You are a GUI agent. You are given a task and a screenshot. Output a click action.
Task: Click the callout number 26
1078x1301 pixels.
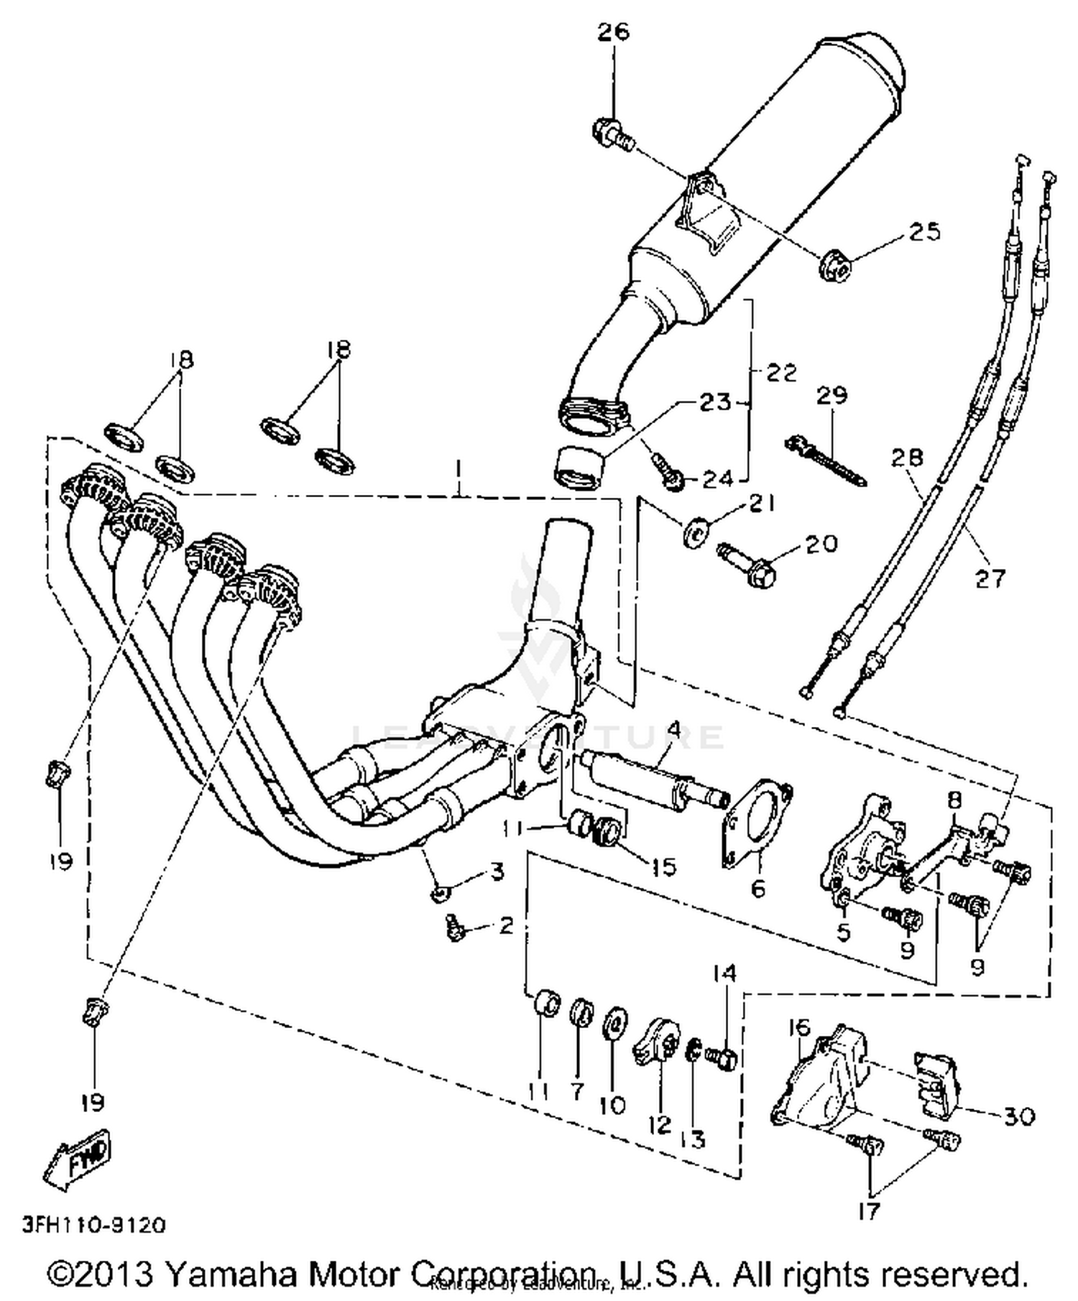(613, 32)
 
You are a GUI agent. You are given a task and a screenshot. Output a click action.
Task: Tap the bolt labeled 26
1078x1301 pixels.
(611, 134)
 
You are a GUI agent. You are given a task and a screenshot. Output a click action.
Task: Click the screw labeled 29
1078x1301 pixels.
(826, 458)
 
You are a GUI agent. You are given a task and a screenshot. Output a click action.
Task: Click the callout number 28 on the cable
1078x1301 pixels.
(907, 457)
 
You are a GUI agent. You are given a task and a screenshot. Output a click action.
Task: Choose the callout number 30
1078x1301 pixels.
(1018, 1116)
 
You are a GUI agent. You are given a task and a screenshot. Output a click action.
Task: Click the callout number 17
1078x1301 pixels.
(868, 1212)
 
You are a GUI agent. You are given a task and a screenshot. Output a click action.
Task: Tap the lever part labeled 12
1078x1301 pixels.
(655, 1048)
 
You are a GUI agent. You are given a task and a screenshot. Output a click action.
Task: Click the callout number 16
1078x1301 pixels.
(799, 1029)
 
